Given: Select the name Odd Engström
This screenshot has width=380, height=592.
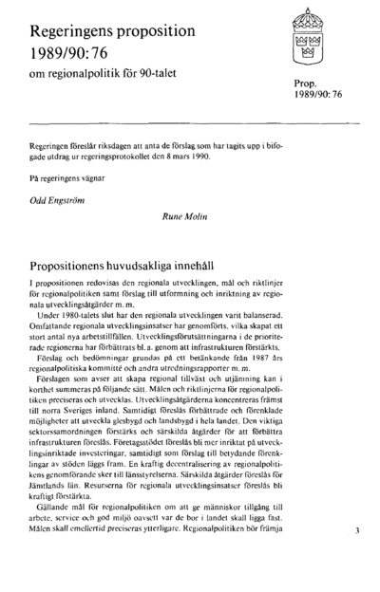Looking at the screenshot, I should pyautogui.click(x=59, y=200).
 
